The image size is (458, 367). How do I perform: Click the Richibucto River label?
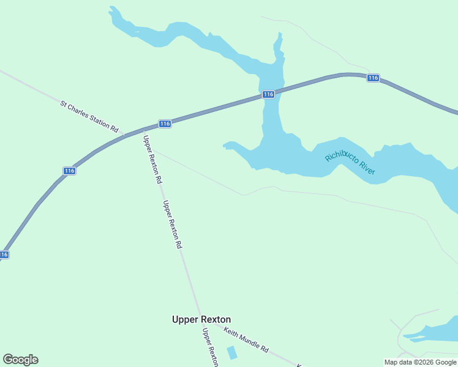[350, 160]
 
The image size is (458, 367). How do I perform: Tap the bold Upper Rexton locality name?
[201, 319]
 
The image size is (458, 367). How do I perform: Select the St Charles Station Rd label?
[89, 116]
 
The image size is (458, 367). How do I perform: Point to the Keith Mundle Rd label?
[246, 340]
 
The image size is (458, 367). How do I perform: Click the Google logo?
[20, 360]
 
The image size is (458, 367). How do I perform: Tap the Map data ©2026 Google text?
[420, 362]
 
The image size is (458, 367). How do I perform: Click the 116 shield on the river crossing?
[268, 94]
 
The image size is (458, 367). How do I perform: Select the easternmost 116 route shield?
[374, 78]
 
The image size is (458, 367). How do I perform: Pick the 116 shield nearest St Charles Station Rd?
[164, 124]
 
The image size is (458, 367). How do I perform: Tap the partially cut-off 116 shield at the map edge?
[4, 254]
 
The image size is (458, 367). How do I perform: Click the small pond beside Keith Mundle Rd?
[232, 353]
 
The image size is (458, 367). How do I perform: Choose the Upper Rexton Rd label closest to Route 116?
[152, 160]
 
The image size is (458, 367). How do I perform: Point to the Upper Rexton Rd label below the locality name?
[210, 347]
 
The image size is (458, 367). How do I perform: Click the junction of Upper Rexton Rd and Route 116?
[143, 130]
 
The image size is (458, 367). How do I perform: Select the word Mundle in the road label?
[250, 342]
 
